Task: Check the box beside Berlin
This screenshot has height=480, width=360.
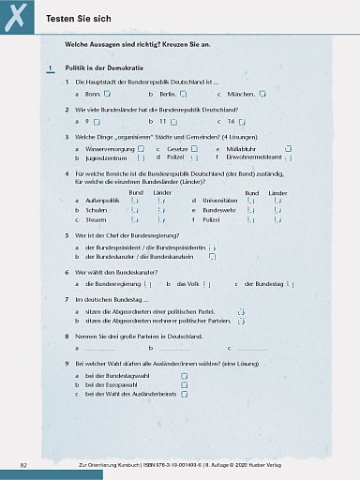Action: (184, 95)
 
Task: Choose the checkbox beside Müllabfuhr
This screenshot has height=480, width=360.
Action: (274, 149)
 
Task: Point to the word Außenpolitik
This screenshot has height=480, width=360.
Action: (102, 201)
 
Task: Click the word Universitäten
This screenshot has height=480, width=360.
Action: (234, 201)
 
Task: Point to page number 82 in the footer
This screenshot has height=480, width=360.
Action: (24, 465)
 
